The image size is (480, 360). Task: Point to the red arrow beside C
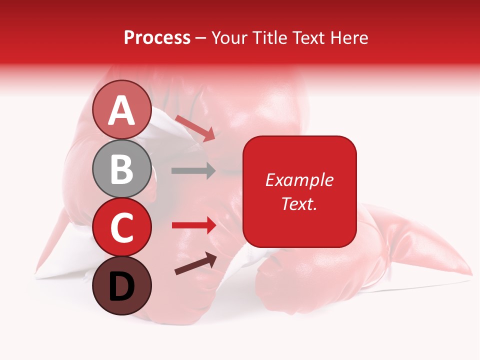tap(193, 225)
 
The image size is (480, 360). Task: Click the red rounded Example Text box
tap(299, 191)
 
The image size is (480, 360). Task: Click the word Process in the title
tap(157, 38)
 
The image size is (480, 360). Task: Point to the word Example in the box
tap(299, 180)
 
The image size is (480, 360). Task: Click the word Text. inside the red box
tap(299, 203)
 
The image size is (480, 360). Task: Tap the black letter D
tap(122, 287)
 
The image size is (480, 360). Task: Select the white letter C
tap(122, 228)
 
